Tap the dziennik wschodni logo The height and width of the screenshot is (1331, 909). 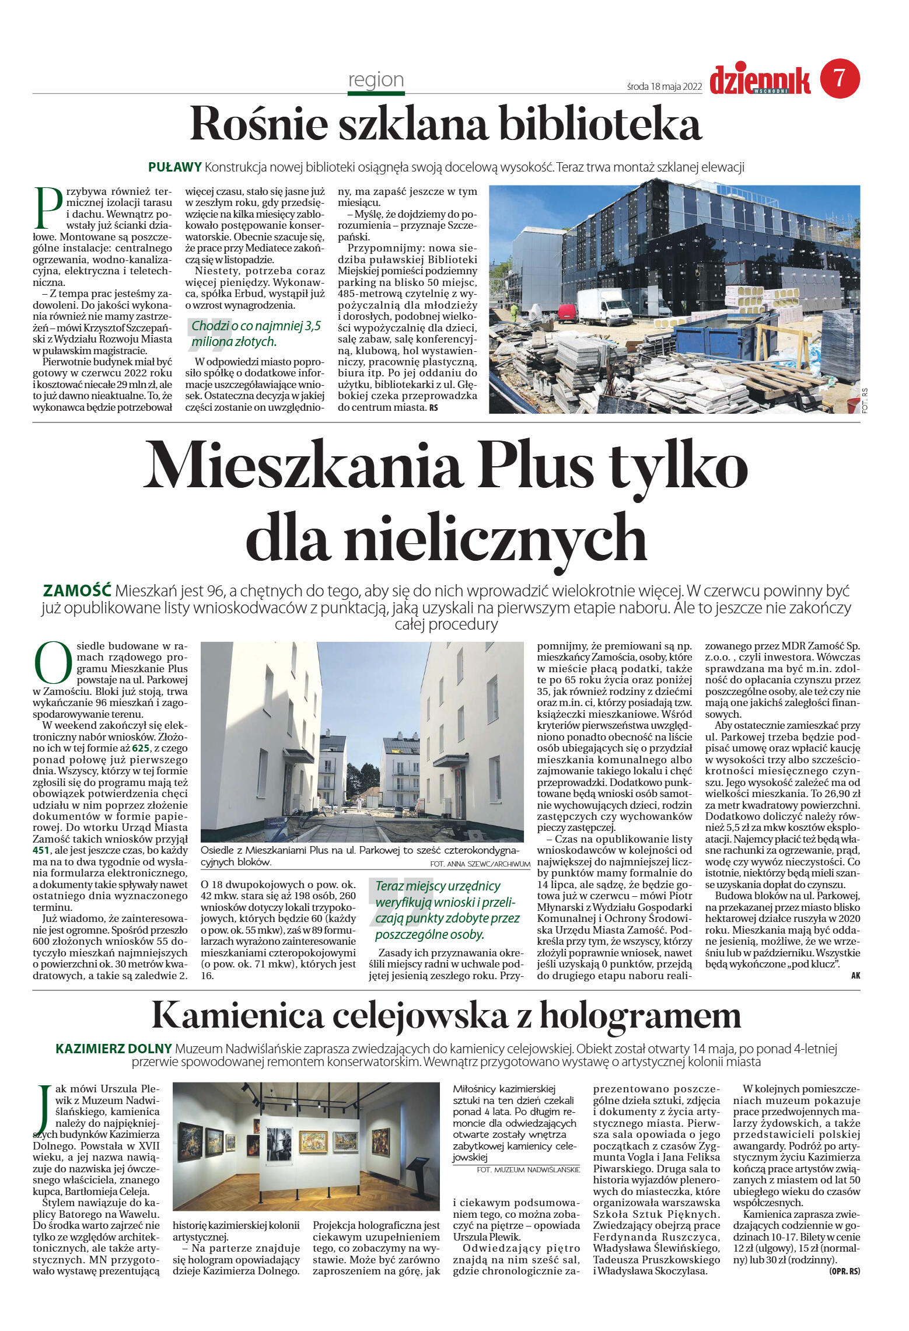click(x=760, y=80)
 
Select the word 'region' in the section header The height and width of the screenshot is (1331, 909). click(x=376, y=79)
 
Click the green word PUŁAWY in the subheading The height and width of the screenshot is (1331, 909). click(x=174, y=167)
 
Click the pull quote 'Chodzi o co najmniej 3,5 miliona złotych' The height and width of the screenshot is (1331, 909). click(x=257, y=333)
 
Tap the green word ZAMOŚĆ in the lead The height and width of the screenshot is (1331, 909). click(x=77, y=590)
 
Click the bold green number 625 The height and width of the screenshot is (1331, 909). click(x=141, y=748)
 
